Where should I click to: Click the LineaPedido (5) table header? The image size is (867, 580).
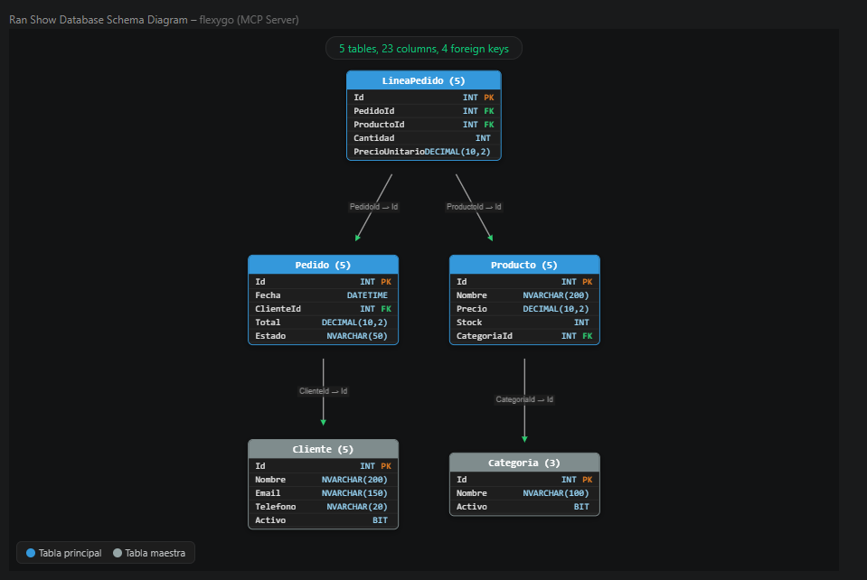click(423, 80)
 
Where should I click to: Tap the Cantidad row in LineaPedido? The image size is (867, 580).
click(423, 138)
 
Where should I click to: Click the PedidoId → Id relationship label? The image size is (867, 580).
click(373, 207)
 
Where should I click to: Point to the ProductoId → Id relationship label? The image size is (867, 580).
click(474, 207)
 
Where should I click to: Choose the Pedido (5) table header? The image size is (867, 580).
click(323, 265)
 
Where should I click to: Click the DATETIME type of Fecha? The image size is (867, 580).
click(367, 295)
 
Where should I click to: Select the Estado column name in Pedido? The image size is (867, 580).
click(270, 336)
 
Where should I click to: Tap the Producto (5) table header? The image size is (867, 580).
click(524, 265)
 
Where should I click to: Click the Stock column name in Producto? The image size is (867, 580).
click(469, 323)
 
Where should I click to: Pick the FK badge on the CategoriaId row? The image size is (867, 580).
click(588, 336)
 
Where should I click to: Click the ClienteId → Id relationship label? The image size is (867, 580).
click(324, 391)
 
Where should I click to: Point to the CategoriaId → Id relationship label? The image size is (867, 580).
click(524, 399)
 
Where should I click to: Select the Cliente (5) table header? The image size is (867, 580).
click(323, 450)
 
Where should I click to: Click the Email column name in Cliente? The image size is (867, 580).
click(268, 493)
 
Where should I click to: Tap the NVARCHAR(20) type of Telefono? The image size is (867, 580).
click(357, 507)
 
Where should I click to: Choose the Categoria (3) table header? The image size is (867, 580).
click(524, 463)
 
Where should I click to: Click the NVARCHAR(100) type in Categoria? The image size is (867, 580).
click(556, 493)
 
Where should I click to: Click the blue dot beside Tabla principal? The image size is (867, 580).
click(31, 553)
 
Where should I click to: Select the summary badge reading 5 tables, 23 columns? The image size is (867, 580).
click(424, 49)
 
